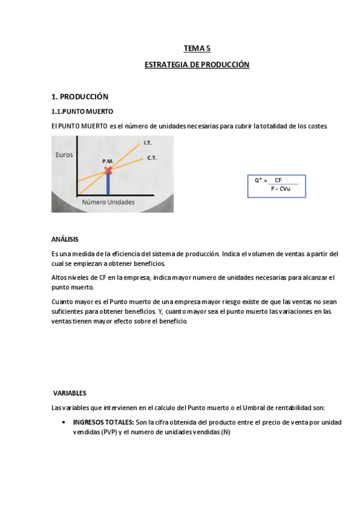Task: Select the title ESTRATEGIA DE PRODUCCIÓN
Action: [197, 64]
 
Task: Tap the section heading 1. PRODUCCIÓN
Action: [79, 96]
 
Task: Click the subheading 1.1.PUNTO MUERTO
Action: [82, 112]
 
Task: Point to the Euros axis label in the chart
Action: [64, 155]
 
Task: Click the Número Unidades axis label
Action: [108, 203]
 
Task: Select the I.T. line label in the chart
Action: [147, 143]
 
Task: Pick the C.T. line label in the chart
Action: [152, 158]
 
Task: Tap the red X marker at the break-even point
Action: [108, 171]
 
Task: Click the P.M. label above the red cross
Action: [108, 161]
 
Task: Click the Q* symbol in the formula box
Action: [259, 180]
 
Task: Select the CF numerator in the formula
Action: [278, 180]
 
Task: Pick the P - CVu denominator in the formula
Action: [280, 189]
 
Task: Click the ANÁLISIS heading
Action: [64, 239]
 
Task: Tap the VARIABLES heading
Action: [70, 393]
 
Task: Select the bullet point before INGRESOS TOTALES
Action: [64, 423]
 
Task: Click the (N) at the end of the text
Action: [225, 433]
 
